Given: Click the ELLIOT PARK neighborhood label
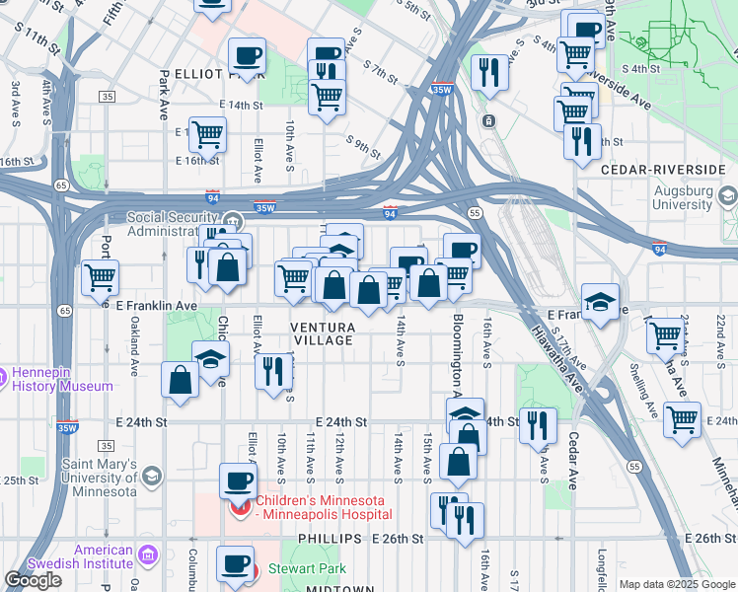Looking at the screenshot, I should pyautogui.click(x=205, y=74).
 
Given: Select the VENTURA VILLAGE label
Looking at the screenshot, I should pyautogui.click(x=322, y=333).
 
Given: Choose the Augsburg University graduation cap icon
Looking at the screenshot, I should pyautogui.click(x=728, y=195).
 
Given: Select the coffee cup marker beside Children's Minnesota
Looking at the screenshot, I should pyautogui.click(x=237, y=481).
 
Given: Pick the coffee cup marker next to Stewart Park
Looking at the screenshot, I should pyautogui.click(x=235, y=563).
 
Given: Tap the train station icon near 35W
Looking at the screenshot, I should pyautogui.click(x=488, y=121).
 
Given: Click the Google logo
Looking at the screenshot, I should pyautogui.click(x=33, y=580).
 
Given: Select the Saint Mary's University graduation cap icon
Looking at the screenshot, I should pyautogui.click(x=152, y=478).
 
